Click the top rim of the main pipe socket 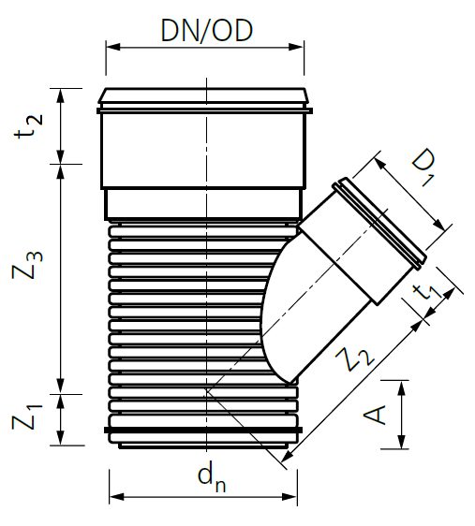tap(204, 95)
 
